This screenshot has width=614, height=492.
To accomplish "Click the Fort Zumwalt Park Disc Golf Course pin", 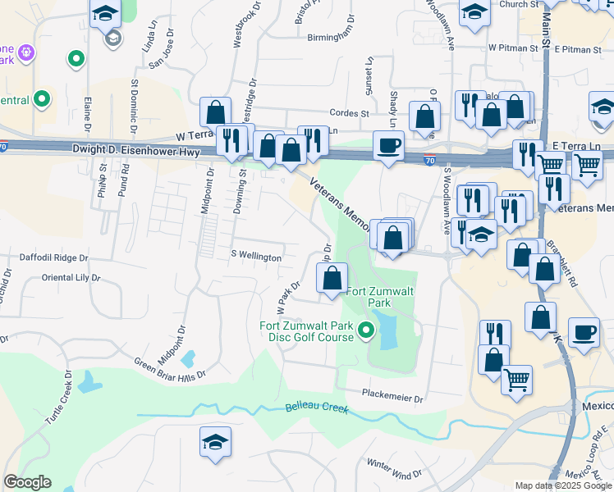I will pyautogui.click(x=366, y=332).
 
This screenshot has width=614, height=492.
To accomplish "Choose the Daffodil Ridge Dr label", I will pyautogui.click(x=53, y=257).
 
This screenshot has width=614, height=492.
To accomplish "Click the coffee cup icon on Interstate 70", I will pyautogui.click(x=389, y=146).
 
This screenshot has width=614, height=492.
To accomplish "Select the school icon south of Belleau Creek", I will pyautogui.click(x=215, y=443).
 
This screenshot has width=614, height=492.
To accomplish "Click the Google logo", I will pyautogui.click(x=27, y=482).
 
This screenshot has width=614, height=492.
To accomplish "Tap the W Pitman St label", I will pyautogui.click(x=513, y=48).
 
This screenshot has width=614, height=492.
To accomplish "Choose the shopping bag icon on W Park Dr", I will pyautogui.click(x=332, y=278).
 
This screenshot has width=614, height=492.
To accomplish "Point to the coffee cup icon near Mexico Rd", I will pyautogui.click(x=584, y=332).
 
